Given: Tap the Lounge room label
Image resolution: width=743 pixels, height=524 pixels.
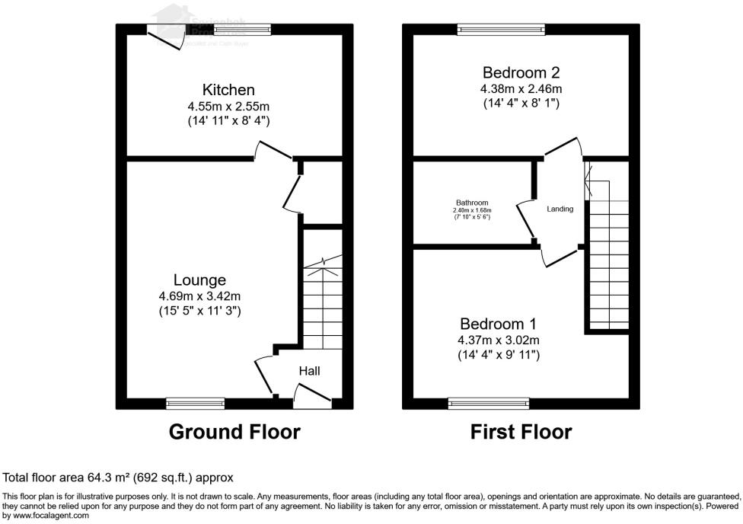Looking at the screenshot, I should tap(199, 280).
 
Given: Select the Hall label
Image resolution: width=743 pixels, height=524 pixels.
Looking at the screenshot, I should tap(309, 371).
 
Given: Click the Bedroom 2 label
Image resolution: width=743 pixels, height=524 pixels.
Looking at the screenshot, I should tap(521, 73).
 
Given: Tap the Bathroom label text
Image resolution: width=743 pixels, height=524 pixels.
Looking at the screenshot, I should tap(472, 203).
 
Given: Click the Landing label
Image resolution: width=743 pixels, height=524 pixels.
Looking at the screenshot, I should tap(560, 209).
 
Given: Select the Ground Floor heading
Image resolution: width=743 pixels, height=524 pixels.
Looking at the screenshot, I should tap(234, 433).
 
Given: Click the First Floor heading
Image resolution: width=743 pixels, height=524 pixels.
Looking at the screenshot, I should tap(521, 433).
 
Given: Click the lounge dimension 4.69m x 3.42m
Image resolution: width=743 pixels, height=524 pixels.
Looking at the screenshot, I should tap(199, 296).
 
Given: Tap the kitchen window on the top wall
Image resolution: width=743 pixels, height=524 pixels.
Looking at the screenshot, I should tap(241, 29).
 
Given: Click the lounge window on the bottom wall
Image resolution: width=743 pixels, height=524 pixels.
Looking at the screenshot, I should tap(196, 403).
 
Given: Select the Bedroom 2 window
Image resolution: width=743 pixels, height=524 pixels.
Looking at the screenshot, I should tap(501, 29).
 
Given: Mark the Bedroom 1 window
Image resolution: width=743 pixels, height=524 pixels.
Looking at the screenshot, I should tap(488, 403).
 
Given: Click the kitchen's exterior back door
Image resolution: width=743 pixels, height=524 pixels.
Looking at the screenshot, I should tap(165, 38).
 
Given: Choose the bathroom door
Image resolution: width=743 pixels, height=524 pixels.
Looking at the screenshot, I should tap(525, 221).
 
